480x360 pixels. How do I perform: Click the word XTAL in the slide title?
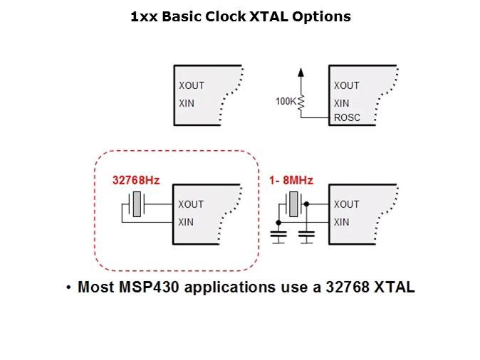click(268, 16)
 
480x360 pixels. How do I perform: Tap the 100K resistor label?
click(286, 101)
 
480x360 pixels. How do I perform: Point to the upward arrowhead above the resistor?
click(301, 72)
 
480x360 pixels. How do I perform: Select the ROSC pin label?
click(347, 117)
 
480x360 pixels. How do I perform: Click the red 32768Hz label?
click(136, 180)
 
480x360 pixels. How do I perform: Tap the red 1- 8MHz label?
click(291, 180)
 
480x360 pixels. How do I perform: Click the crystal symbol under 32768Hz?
click(137, 204)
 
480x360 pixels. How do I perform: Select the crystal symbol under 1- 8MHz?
click(293, 204)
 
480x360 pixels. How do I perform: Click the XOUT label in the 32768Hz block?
click(191, 204)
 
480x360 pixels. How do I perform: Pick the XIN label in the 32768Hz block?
click(186, 222)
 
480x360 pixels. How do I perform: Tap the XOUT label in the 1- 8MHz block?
click(346, 204)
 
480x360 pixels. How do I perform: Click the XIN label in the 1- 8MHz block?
click(341, 222)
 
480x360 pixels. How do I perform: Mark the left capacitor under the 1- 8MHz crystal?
click(278, 236)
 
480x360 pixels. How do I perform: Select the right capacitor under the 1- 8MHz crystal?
click(306, 236)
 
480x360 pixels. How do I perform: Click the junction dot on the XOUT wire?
click(306, 204)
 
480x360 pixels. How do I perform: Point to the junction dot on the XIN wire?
click(278, 223)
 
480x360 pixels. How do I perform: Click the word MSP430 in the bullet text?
click(149, 287)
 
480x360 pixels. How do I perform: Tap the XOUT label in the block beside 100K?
click(346, 85)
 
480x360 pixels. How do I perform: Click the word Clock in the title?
click(225, 16)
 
